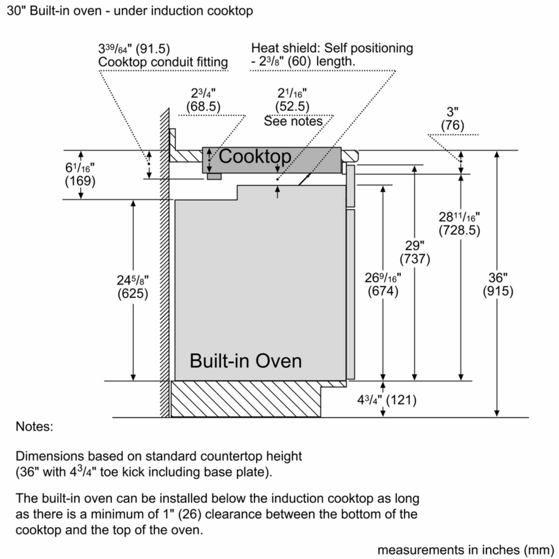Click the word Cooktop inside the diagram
tap(255, 157)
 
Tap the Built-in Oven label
tap(246, 361)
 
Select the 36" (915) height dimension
tap(498, 284)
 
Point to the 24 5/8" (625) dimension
tap(133, 287)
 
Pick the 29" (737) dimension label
tap(415, 252)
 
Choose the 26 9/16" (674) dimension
tap(383, 284)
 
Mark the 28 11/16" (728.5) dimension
tap(459, 223)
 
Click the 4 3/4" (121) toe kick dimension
tap(386, 400)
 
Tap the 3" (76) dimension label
tap(452, 118)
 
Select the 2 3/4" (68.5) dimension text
tap(203, 100)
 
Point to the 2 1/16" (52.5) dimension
tap(292, 100)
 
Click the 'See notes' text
tap(293, 121)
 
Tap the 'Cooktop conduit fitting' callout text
tap(163, 62)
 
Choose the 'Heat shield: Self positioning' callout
tap(332, 48)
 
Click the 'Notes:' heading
tap(34, 426)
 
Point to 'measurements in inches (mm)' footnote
tap(466, 550)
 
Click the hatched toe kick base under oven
tap(246, 399)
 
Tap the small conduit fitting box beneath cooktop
tap(214, 176)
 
